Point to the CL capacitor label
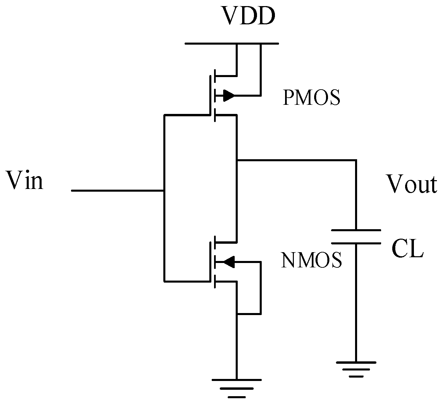click(407, 250)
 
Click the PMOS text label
click(311, 98)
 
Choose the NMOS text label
click(311, 261)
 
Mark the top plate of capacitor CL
click(356, 231)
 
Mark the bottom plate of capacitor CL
click(356, 243)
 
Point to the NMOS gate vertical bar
click(210, 262)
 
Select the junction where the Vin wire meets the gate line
click(164, 191)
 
